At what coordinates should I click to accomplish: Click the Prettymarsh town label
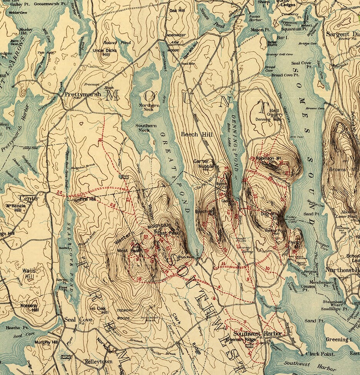[x=77, y=94]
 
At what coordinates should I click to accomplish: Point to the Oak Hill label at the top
[x=177, y=10]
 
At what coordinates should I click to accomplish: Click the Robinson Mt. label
[x=265, y=158]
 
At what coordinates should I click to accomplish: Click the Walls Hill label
[x=28, y=273]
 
